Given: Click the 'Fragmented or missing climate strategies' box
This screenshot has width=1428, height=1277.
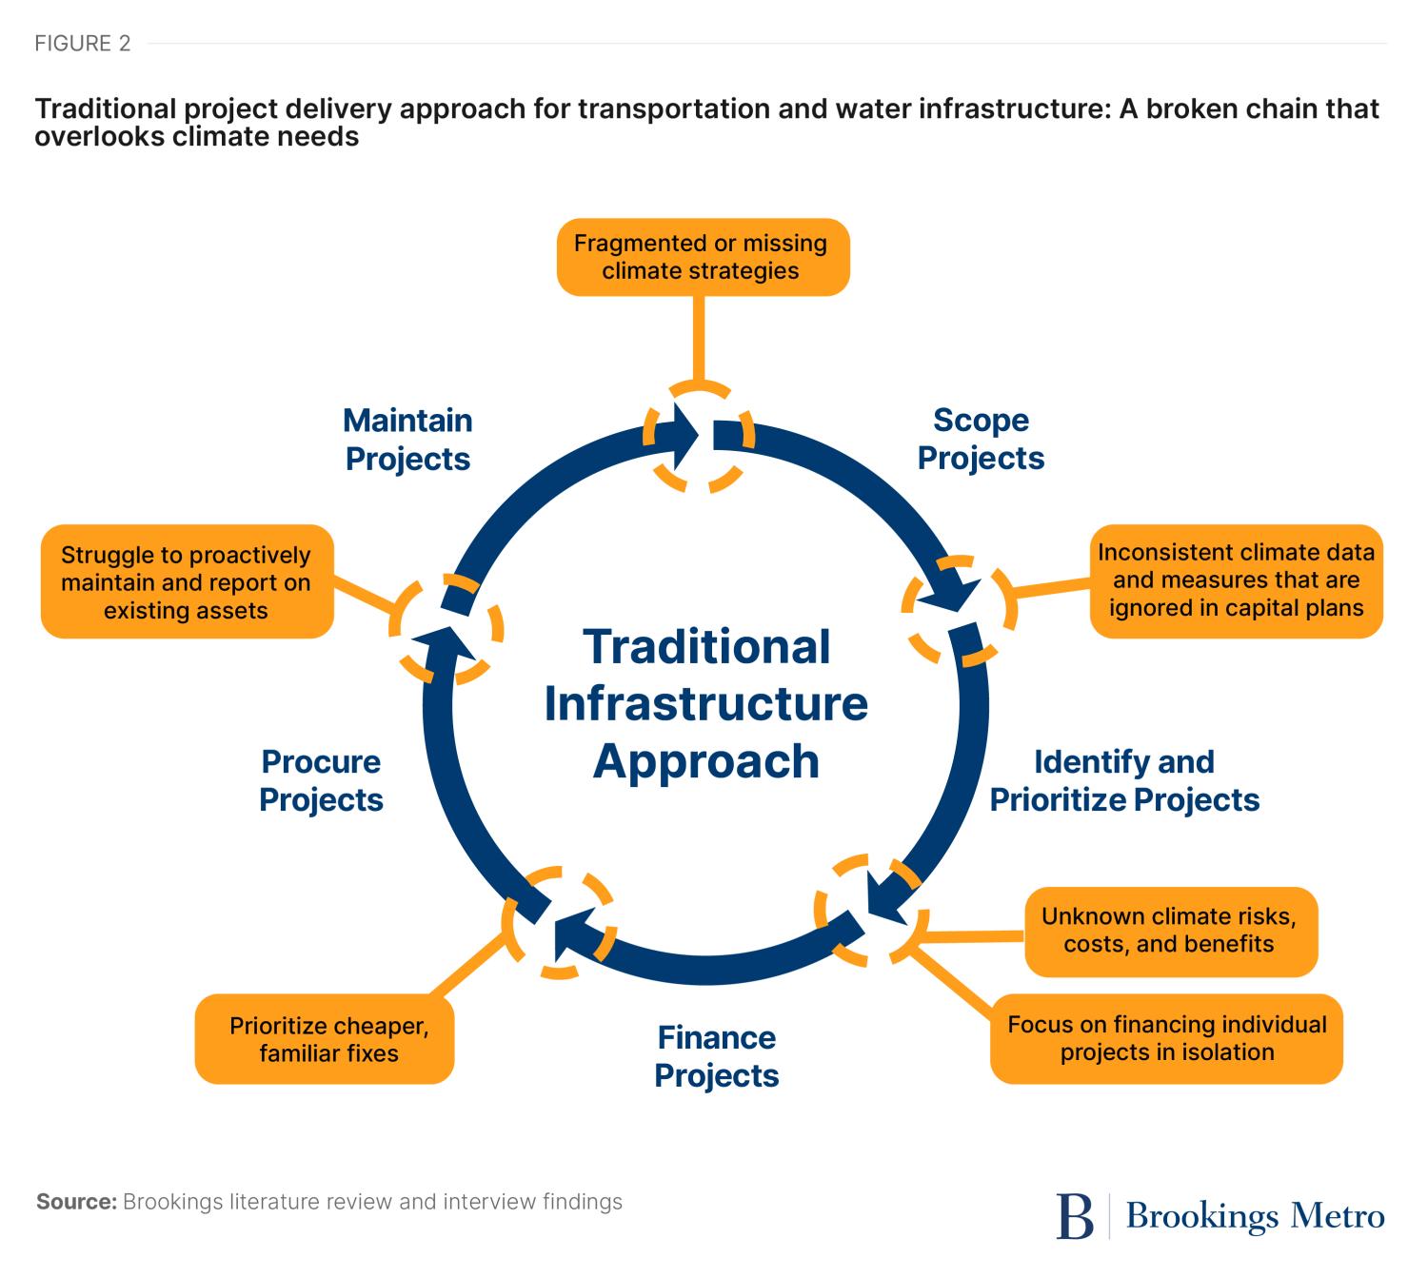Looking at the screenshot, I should click(702, 257).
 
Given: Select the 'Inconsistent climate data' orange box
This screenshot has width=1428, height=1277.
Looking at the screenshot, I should click(1236, 580).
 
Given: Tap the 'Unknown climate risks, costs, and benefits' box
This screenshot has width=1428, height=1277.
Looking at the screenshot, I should click(1170, 931).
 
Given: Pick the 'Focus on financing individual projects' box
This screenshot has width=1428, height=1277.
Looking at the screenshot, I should click(1166, 1038).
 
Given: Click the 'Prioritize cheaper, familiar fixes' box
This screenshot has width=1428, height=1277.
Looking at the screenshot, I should click(326, 1039).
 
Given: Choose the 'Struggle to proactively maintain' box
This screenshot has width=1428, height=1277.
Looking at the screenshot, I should click(187, 582).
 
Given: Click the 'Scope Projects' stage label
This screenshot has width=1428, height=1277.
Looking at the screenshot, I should click(981, 439).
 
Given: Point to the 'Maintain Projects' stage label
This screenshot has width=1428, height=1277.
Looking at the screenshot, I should click(407, 439).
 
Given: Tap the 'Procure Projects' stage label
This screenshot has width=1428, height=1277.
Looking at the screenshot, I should click(321, 780).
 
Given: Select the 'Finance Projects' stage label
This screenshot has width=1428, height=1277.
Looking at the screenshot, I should click(716, 1056).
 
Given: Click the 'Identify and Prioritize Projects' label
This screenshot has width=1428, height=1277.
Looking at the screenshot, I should click(1124, 780).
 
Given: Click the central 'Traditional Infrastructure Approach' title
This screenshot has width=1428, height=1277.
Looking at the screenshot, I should click(705, 704).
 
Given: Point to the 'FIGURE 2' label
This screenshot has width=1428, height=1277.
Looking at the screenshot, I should click(83, 44).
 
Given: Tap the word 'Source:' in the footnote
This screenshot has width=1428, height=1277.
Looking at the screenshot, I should click(76, 1202).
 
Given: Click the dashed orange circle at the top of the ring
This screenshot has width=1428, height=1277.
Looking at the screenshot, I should click(700, 437).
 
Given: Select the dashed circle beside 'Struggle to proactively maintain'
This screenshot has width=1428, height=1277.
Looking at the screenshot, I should click(446, 628).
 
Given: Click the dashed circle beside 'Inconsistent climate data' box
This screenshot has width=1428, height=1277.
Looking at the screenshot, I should click(959, 609).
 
